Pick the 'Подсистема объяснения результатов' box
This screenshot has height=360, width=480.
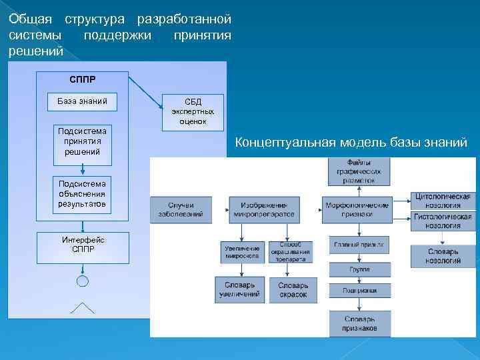click(x=83, y=193)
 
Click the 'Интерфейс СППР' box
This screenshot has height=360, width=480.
click(x=83, y=245)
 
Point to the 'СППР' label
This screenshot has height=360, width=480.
click(x=83, y=79)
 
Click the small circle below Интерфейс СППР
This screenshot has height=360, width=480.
click(x=83, y=281)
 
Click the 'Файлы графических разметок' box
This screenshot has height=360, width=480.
click(x=359, y=171)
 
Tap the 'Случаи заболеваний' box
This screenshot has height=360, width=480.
click(x=181, y=208)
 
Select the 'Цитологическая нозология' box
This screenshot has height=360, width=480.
click(x=443, y=201)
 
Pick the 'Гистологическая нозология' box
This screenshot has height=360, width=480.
click(x=443, y=221)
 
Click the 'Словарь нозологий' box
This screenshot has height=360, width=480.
click(x=443, y=256)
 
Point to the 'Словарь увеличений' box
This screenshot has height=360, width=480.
click(x=239, y=289)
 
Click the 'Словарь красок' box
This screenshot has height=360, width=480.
click(x=293, y=289)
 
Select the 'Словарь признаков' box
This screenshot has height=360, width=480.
click(x=359, y=324)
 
